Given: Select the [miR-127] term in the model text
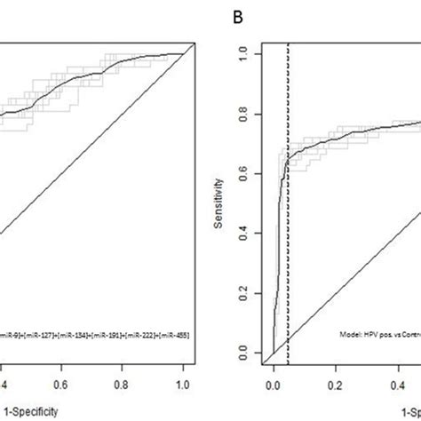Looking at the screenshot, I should (x=38, y=334).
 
